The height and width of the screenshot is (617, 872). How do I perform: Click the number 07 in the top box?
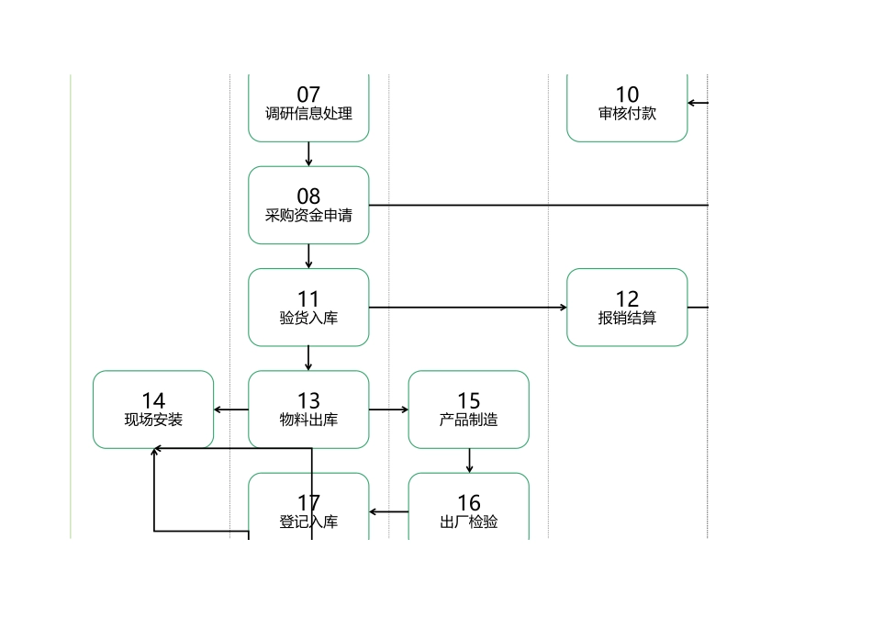click(308, 95)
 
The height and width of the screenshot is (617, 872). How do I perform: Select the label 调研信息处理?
click(308, 114)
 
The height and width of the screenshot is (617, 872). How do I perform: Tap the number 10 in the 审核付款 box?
click(627, 95)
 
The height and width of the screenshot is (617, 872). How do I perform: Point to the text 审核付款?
click(627, 114)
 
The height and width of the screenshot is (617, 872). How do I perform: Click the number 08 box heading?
click(308, 196)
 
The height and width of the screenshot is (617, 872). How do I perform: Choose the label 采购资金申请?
click(308, 216)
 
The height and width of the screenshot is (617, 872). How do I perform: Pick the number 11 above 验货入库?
click(308, 298)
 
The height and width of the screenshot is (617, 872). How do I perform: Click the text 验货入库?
click(308, 318)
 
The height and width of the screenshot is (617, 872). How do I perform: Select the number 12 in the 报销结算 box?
click(627, 298)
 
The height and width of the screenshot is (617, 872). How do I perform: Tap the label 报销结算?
click(627, 318)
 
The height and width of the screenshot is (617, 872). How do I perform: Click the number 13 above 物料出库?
click(308, 400)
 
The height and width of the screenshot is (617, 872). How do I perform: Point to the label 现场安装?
click(153, 420)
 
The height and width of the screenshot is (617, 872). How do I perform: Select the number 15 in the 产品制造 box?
click(468, 400)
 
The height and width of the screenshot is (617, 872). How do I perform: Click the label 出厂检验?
click(468, 522)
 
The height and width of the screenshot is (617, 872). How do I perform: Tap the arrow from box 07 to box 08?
click(308, 154)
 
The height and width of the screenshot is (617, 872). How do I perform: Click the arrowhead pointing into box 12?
click(563, 308)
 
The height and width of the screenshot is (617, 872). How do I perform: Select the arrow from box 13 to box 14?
click(230, 409)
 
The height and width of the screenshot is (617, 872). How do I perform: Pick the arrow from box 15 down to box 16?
click(469, 461)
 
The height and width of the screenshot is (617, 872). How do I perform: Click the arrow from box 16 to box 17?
click(388, 511)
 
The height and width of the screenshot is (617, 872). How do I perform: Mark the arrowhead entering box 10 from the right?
click(693, 103)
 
